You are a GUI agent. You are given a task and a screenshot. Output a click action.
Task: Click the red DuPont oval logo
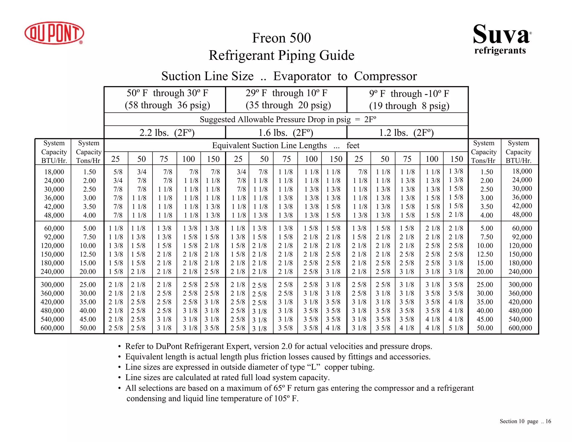pyautogui.click(x=54, y=33)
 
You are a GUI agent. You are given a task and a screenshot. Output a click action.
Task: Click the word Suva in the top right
pyautogui.click(x=501, y=35)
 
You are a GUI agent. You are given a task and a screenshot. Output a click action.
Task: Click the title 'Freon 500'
pyautogui.click(x=281, y=38)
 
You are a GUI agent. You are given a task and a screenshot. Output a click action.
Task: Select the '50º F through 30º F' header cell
pyautogui.click(x=167, y=99)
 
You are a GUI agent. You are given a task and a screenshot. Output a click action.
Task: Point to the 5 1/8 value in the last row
pyautogui.click(x=456, y=328)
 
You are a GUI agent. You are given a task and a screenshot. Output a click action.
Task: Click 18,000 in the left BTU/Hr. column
pyautogui.click(x=54, y=172)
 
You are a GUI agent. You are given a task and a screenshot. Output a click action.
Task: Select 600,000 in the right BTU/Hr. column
pyautogui.click(x=520, y=328)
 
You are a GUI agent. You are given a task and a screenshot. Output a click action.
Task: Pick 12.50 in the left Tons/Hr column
pyautogui.click(x=88, y=254)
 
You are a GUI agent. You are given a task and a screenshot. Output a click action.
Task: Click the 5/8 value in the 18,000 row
pyautogui.click(x=118, y=172)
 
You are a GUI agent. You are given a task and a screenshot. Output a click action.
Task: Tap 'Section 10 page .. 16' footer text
pyautogui.click(x=525, y=421)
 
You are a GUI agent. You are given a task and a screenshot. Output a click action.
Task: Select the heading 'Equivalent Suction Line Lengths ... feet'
pyautogui.click(x=285, y=146)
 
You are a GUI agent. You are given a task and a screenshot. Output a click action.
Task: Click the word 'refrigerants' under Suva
pyautogui.click(x=500, y=51)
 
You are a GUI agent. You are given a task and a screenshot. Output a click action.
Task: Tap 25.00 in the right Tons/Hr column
pyautogui.click(x=485, y=284)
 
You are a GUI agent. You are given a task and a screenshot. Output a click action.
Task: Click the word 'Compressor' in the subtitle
pyautogui.click(x=385, y=76)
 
